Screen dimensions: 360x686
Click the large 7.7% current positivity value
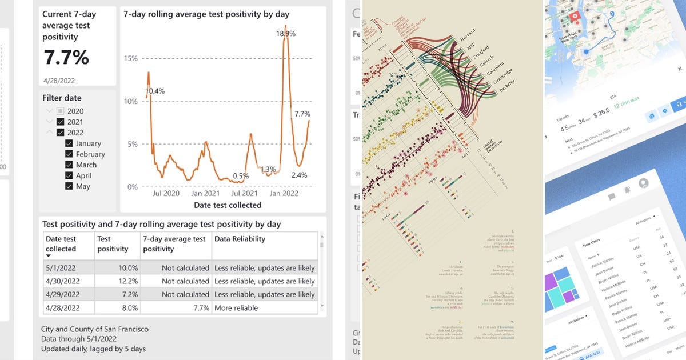coord(67,58)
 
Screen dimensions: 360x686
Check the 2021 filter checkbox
coord(61,122)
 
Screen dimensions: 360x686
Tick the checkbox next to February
coord(69,154)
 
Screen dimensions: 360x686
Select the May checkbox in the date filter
coord(69,186)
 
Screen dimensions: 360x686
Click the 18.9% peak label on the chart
coord(285,34)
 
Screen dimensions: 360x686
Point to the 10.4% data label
coord(154,91)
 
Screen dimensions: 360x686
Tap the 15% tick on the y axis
coord(131,58)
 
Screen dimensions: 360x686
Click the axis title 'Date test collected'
coord(228,205)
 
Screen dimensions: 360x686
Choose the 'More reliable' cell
coord(236,308)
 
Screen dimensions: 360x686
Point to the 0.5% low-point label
coord(241,176)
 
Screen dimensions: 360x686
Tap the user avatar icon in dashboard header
coord(643,183)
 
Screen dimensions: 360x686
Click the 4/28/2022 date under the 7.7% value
coord(59,81)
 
